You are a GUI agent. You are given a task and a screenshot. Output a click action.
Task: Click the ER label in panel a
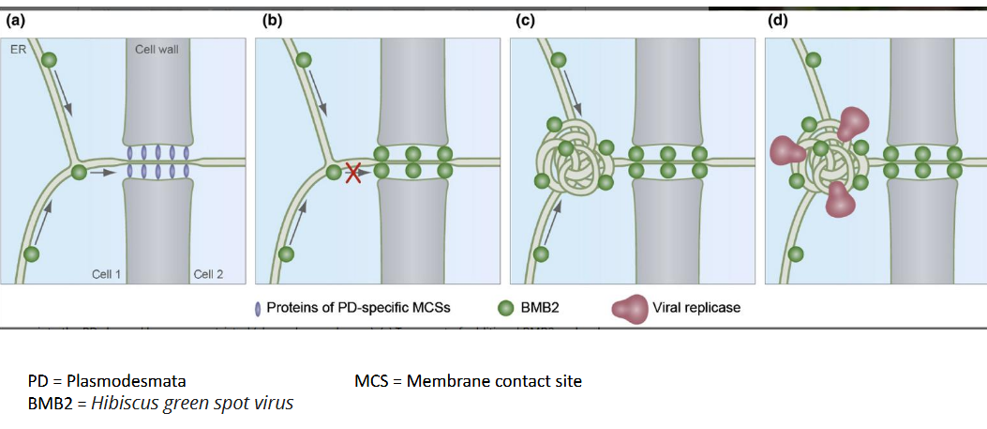pyautogui.click(x=17, y=49)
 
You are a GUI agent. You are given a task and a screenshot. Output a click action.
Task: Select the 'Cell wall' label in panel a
pyautogui.click(x=157, y=49)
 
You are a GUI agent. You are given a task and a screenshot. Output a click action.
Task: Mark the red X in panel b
pyautogui.click(x=353, y=172)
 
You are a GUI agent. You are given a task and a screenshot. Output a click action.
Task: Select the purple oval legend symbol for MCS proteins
pyautogui.click(x=257, y=307)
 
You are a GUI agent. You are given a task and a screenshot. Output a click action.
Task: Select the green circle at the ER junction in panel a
pyautogui.click(x=79, y=172)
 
